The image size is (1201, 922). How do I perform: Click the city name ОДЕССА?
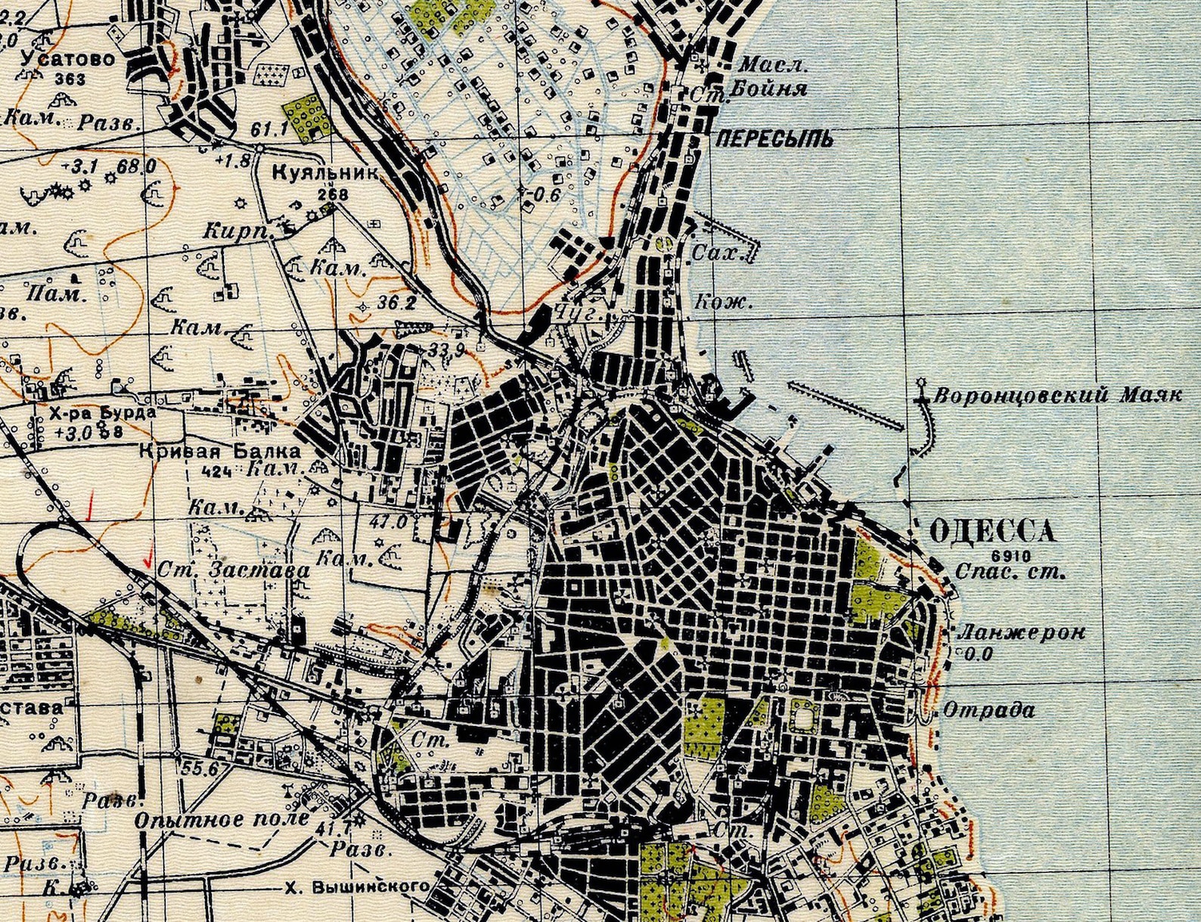click(x=991, y=531)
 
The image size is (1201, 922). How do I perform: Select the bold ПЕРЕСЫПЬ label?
click(x=774, y=138)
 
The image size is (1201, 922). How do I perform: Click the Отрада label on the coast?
click(x=988, y=710)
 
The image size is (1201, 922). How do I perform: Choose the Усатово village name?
click(x=69, y=59)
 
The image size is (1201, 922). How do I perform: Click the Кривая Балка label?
click(x=220, y=452)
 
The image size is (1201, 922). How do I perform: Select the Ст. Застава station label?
click(x=234, y=570)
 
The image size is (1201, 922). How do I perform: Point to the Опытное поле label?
click(x=222, y=818)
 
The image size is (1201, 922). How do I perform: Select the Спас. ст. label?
click(x=1010, y=572)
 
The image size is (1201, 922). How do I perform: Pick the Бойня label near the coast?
click(x=778, y=89)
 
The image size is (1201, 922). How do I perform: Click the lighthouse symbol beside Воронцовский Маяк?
click(x=922, y=384)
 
